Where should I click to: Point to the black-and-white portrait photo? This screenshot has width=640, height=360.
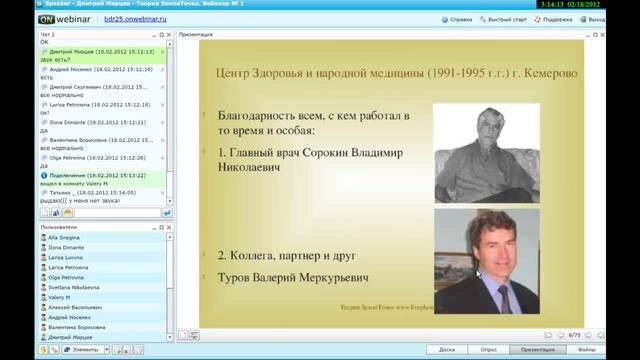point(486,153)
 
